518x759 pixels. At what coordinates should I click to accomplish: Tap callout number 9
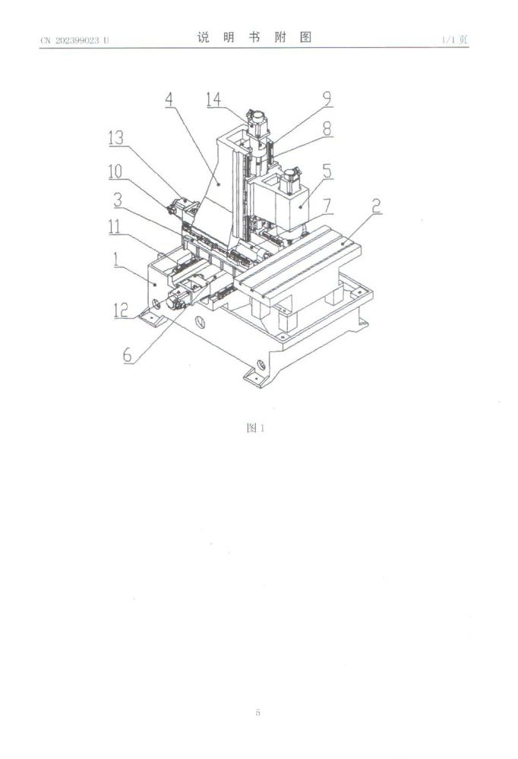pos(327,99)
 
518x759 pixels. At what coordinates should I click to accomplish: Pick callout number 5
pos(327,172)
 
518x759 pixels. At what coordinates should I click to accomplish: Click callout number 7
pos(327,205)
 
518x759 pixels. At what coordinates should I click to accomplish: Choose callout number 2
pos(376,205)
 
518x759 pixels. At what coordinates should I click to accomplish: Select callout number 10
pos(115,172)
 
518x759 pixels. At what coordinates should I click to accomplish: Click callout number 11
pos(115,227)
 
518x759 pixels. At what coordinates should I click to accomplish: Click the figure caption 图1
pos(255,428)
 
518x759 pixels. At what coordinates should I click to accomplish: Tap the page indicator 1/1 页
pos(454,39)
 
